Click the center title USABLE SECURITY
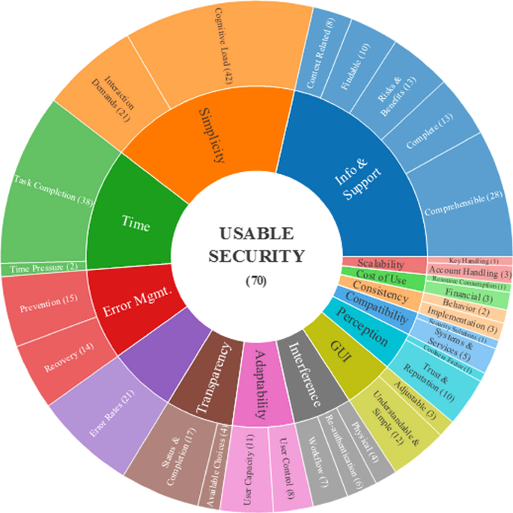[257, 245]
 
